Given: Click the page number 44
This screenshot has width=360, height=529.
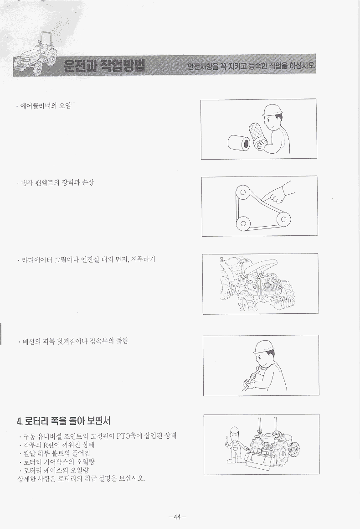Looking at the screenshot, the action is click(x=178, y=517).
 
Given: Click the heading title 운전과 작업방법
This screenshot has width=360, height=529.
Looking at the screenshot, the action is click(x=104, y=66).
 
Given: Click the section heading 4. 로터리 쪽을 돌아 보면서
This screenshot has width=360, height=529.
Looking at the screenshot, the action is click(x=64, y=421).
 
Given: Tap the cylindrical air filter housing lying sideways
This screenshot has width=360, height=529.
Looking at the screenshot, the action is click(x=239, y=143).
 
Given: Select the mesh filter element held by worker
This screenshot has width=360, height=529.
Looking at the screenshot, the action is click(x=256, y=134).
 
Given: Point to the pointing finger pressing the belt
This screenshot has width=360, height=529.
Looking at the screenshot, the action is click(x=270, y=195).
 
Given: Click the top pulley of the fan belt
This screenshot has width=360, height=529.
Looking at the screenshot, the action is click(x=242, y=192).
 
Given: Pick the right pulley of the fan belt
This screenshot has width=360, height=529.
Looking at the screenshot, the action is click(x=284, y=220).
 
